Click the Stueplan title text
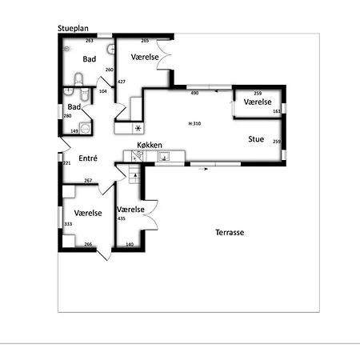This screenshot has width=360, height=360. (x=77, y=27)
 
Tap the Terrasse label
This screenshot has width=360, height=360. (x=229, y=233)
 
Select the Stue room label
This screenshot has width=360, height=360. (x=256, y=138)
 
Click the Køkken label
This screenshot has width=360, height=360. (x=150, y=145)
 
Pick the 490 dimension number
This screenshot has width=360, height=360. (x=194, y=94)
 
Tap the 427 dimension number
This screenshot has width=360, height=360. (x=122, y=82)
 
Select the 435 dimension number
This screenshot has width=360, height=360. (x=121, y=218)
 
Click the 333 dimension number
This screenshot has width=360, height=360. (x=68, y=224)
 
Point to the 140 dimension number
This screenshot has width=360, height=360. (x=130, y=244)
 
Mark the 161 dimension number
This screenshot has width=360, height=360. (x=277, y=111)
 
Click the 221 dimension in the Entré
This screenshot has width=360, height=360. (x=67, y=163)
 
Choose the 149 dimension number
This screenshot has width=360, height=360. (x=74, y=130)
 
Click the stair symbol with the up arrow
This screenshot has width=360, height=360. (x=134, y=175)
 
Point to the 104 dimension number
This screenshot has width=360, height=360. (x=102, y=91)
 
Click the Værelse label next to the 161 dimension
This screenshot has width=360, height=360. (x=258, y=102)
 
